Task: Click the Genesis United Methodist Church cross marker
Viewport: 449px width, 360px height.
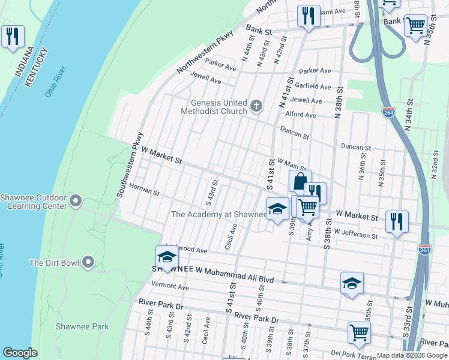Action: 256,107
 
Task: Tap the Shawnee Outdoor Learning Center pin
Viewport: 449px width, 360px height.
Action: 76,200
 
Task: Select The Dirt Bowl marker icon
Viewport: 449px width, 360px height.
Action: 88,262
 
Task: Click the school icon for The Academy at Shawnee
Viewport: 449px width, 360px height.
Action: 277,209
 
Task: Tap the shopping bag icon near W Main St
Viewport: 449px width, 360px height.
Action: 300,181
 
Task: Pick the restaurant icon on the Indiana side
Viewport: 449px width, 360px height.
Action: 12,36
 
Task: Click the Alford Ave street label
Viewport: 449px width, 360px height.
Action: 300,115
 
